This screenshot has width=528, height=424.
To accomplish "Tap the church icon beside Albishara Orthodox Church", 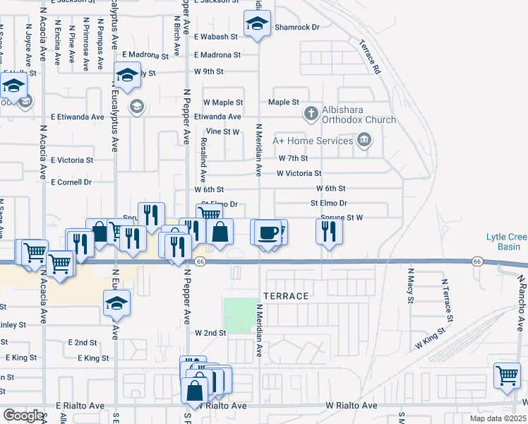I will coord(310,112).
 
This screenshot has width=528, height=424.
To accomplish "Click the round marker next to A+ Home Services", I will coord(364,141).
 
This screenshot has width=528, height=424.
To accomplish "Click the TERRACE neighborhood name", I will coord(286,296).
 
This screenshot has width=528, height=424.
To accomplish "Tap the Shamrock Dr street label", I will coord(297,28).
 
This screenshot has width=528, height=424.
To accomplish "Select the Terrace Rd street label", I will coord(374,60).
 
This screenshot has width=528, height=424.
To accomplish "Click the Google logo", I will coord(23,416).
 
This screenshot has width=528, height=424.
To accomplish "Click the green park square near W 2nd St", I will coord(241,314).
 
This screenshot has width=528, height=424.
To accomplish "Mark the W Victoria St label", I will coord(299,173).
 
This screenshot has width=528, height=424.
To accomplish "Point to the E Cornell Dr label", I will coord(71,182).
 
